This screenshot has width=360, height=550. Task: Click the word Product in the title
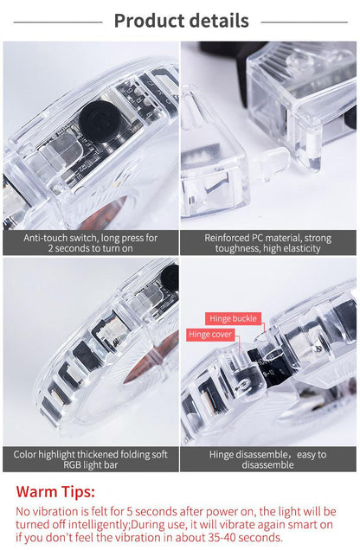(149, 21)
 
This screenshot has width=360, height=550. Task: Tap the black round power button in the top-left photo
(100, 120)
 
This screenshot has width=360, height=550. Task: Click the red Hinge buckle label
(233, 318)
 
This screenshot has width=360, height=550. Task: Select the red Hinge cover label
(209, 335)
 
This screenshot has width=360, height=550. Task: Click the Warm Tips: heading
(55, 492)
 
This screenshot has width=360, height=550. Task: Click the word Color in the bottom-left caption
(24, 455)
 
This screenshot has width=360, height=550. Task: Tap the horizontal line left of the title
(58, 22)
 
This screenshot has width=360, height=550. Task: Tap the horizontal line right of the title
(304, 22)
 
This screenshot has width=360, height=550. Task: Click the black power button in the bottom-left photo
(170, 278)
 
